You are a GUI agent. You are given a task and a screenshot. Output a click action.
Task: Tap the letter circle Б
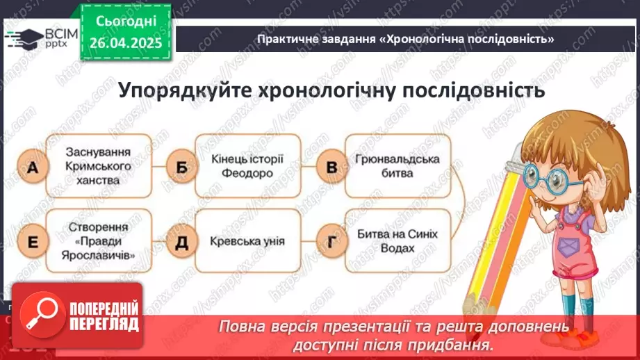tap(181, 167)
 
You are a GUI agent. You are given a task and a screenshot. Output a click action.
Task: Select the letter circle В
tap(331, 167)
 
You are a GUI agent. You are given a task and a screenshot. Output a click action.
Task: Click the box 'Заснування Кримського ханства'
tap(98, 165)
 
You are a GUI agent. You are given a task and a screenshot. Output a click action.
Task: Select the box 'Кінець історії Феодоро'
tap(247, 165)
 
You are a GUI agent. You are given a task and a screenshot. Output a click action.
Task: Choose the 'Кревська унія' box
tap(247, 241)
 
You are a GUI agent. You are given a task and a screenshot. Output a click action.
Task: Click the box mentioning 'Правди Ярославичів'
tap(98, 241)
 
